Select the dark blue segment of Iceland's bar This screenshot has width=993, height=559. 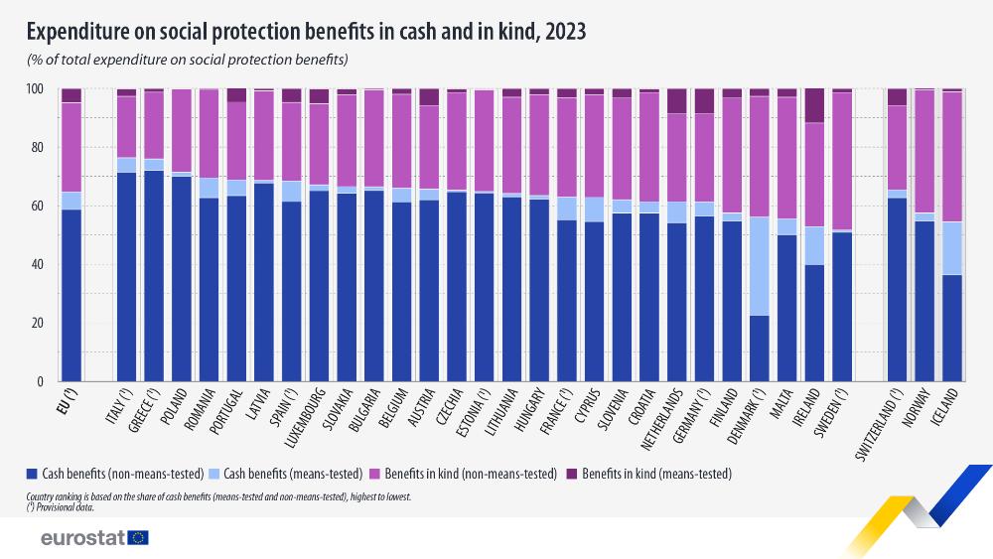(951, 328)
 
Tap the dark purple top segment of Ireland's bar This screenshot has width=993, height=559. (813, 105)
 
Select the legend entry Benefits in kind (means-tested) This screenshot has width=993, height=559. (656, 474)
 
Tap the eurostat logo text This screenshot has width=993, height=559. (81, 537)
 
